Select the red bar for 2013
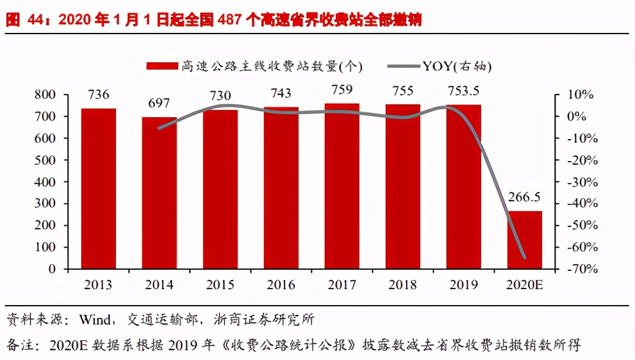coord(98,189)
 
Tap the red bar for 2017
coord(342,186)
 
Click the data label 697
coord(159,103)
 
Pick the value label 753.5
coord(463,91)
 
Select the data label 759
coord(342,90)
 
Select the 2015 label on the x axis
coord(220,285)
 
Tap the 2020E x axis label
coord(524,285)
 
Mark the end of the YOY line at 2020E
coord(524,257)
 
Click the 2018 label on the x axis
coord(402,285)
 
